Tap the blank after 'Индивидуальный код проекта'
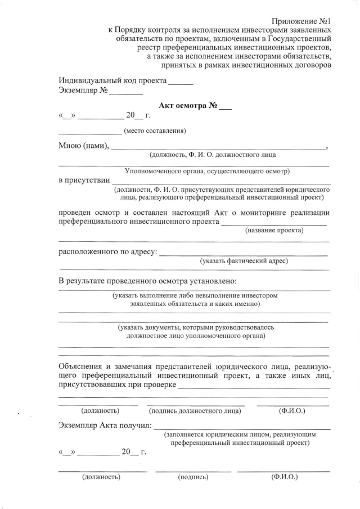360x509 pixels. (181, 83)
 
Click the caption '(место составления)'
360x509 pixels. (155, 131)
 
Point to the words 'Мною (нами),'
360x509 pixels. (84, 146)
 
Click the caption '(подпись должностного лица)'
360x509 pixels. (195, 411)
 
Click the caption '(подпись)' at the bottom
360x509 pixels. (193, 478)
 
